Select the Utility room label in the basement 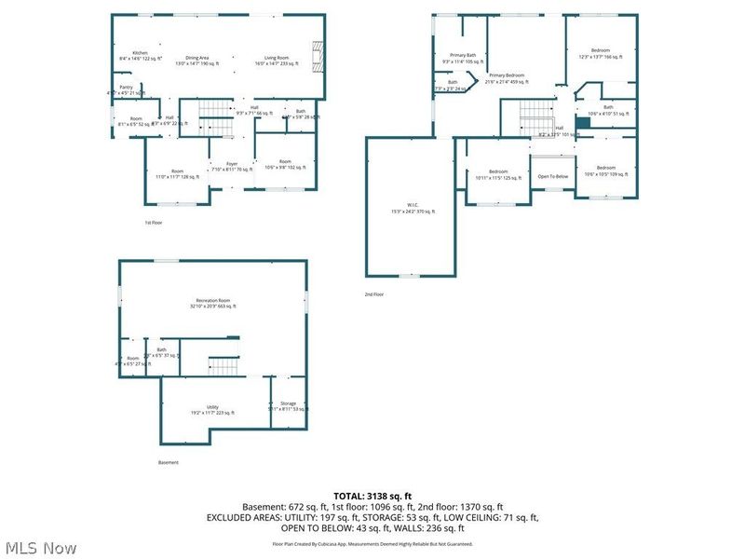tap(213, 407)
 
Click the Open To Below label tap(553, 176)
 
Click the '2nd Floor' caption tap(374, 294)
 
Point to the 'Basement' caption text tap(169, 462)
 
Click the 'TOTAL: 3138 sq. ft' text tap(372, 495)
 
